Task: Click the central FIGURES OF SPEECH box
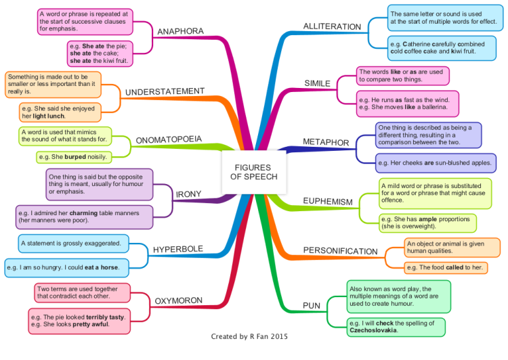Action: [x=254, y=173]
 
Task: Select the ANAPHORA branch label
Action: [x=180, y=31]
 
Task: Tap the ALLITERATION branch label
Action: [x=332, y=26]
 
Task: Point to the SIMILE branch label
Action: [x=317, y=83]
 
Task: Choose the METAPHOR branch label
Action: [x=326, y=142]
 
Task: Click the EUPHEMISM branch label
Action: [x=328, y=201]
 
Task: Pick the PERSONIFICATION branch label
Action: [x=340, y=251]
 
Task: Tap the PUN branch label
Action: [x=312, y=306]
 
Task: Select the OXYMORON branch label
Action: [x=179, y=300]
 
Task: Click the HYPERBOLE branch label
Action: [x=178, y=249]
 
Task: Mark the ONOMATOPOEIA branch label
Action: [x=169, y=139]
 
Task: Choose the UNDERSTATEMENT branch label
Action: [x=165, y=91]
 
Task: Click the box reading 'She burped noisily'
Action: [x=74, y=157]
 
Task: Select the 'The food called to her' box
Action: [x=446, y=267]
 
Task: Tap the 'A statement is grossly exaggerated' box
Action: [x=74, y=244]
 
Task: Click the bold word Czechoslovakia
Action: [x=373, y=330]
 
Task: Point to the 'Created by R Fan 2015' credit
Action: [x=249, y=336]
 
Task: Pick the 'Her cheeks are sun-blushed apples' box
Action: [x=436, y=163]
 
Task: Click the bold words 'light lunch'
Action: [x=49, y=116]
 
